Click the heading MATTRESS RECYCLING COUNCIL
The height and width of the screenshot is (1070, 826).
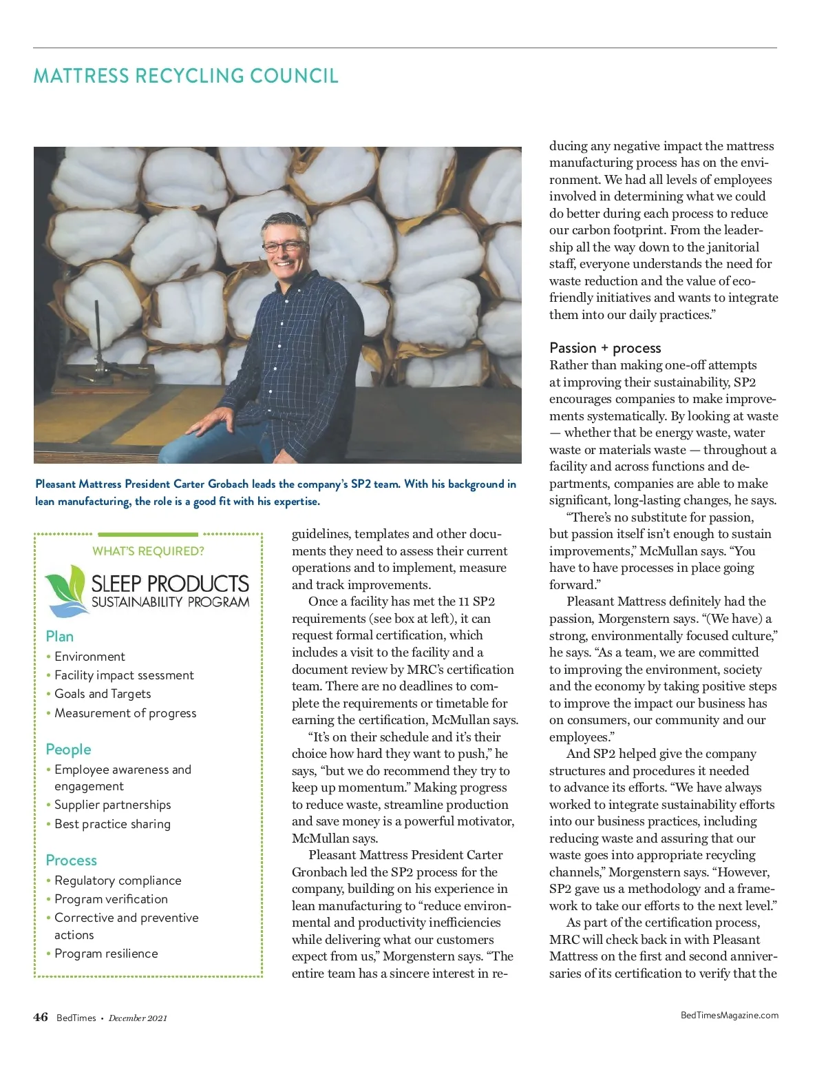186,76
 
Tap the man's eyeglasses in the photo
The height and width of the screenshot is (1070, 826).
284,246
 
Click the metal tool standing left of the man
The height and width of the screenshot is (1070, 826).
97,344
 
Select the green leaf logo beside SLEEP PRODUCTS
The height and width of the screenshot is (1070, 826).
65,590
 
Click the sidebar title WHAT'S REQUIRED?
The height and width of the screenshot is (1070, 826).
148,551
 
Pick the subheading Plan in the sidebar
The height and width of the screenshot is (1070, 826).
60,637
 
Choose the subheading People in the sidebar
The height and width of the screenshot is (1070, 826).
68,750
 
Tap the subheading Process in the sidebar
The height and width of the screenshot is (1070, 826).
71,861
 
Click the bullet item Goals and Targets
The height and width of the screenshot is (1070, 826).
103,694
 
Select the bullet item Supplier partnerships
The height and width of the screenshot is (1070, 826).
113,805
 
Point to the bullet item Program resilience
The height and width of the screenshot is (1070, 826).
106,954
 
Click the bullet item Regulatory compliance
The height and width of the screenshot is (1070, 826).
118,881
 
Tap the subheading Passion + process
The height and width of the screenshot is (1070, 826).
605,348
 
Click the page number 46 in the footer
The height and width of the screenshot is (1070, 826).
41,1017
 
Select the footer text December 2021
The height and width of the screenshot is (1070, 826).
138,1018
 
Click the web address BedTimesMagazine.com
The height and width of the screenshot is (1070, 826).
730,1015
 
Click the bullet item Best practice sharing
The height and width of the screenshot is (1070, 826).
112,824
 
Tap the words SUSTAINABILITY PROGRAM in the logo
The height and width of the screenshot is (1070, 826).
171,602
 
